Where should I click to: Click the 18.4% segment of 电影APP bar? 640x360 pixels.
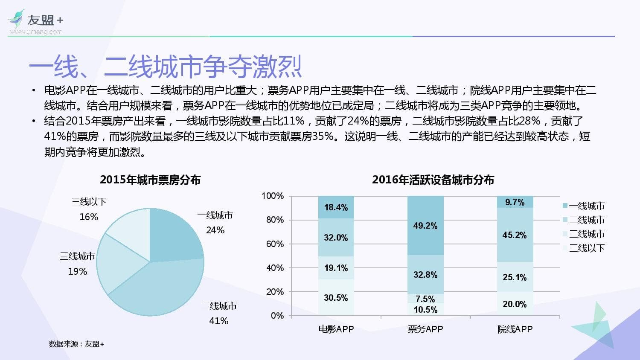click(336, 207)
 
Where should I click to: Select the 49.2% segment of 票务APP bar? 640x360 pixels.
click(425, 226)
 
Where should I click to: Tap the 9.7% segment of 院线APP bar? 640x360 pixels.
click(515, 202)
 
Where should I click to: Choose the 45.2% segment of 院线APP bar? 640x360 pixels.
click(515, 235)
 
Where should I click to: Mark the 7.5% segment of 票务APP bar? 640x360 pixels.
click(425, 299)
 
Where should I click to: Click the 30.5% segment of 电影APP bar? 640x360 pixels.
click(336, 298)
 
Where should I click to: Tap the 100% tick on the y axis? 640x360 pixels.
click(273, 196)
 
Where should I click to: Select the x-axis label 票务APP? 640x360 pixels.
click(425, 329)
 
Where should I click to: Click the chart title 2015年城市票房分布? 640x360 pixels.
click(150, 180)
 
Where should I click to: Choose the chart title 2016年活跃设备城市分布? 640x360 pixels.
click(433, 180)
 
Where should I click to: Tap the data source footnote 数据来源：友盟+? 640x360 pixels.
click(76, 344)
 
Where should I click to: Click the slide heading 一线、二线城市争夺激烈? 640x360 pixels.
click(165, 67)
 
